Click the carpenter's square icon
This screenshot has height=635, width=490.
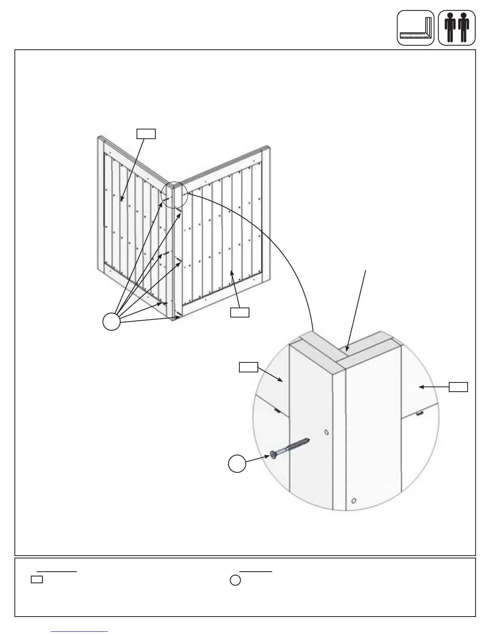416,28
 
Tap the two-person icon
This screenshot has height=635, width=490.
457,28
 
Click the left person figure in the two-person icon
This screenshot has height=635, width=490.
450,28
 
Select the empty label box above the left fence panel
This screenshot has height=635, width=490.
146,133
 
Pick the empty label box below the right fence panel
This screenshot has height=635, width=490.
240,312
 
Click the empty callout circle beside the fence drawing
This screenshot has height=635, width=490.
112,322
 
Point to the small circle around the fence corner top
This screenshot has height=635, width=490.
174,195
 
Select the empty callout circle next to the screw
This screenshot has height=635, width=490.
237,463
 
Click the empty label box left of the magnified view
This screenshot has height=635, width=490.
248,367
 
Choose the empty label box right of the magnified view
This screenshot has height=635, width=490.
458,387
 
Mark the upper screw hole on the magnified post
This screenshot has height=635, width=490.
326,432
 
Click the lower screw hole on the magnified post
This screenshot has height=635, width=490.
353,501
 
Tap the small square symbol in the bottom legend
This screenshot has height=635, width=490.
37,579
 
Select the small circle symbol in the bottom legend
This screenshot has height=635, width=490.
235,580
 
